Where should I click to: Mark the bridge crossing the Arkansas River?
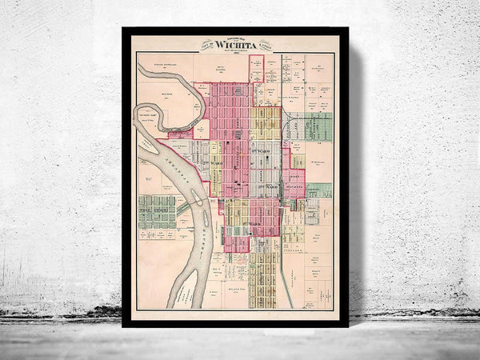click(185, 209)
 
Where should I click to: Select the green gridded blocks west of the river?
click(157, 211)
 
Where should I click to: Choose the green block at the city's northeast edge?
click(318, 126)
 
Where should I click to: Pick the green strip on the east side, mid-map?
click(318, 190)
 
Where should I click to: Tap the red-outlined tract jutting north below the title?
click(256, 67)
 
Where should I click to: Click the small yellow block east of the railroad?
click(297, 162)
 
